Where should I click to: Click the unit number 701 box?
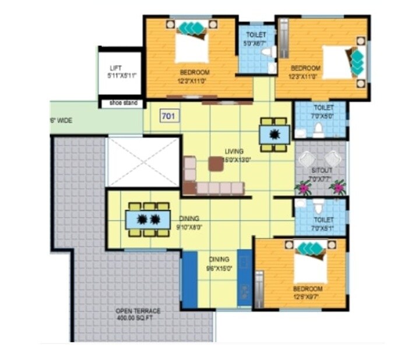click(169, 115)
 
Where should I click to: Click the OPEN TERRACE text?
click(138, 311)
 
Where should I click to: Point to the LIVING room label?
click(234, 151)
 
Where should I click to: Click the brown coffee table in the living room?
click(216, 164)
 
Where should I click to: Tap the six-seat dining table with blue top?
click(148, 220)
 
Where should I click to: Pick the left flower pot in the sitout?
click(303, 187)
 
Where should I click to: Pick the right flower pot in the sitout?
click(337, 187)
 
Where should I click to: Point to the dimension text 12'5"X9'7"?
click(308, 297)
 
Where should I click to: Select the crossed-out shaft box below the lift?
click(143, 163)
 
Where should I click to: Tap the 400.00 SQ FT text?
click(138, 319)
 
